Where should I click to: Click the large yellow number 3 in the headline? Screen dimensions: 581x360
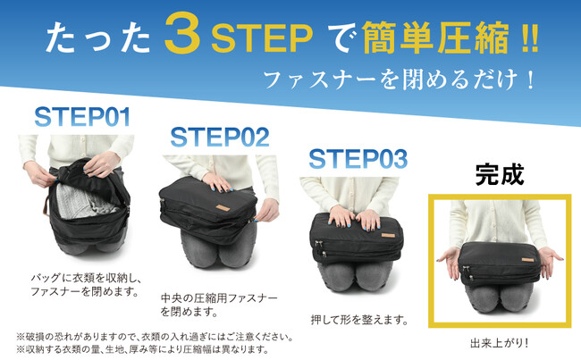tap(183, 32)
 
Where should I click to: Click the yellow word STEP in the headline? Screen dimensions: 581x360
tap(262, 38)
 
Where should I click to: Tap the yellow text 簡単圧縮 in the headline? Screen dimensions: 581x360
tap(437, 38)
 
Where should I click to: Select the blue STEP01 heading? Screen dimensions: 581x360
tap(82, 117)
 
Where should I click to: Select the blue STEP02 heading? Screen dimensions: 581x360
tap(220, 137)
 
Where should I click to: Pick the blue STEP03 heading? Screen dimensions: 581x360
tap(358, 159)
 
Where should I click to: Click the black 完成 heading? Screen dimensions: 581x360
tap(500, 174)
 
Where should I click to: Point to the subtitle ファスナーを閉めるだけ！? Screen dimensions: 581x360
tap(400, 80)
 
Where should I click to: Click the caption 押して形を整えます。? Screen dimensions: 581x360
tap(359, 319)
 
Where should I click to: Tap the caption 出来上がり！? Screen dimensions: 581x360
tap(499, 343)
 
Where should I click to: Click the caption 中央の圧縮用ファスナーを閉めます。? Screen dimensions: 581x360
tap(219, 305)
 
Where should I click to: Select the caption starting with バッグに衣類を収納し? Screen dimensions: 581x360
tap(87, 284)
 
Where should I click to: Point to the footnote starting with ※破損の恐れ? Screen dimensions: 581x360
tap(155, 337)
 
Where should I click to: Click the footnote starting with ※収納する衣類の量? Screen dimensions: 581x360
tap(142, 349)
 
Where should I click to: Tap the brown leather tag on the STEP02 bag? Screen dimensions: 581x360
tap(223, 208)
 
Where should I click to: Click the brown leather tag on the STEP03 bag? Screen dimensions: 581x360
tap(388, 236)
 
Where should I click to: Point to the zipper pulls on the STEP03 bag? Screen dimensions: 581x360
tap(319, 248)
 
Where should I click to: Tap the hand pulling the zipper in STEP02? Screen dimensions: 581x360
tap(267, 210)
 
